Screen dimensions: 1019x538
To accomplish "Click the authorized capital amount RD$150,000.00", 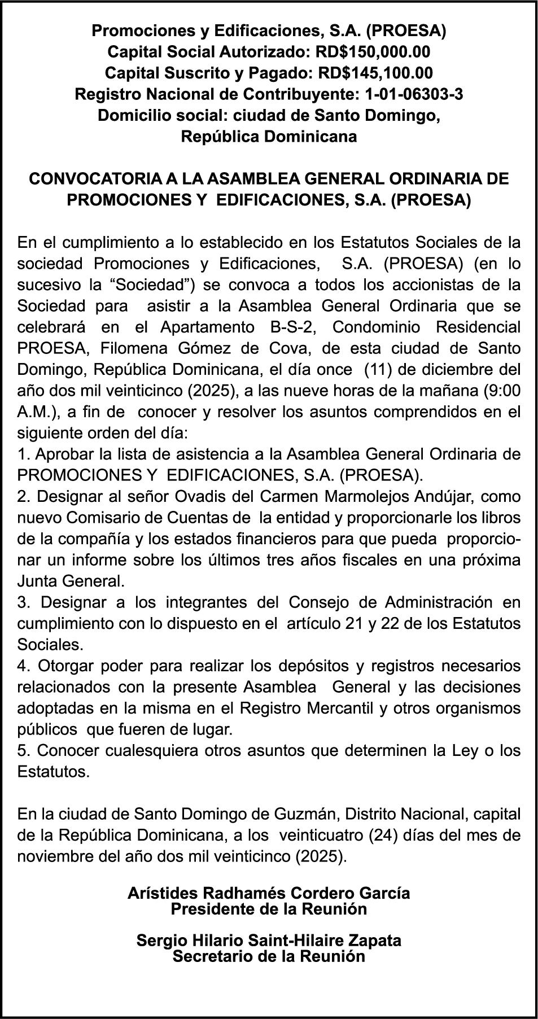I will tap(373, 52).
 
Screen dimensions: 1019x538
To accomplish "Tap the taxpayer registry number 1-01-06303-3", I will tap(414, 94).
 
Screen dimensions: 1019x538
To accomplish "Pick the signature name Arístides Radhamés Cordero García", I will tap(269, 893).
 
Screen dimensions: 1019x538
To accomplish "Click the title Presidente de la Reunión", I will tap(269, 909).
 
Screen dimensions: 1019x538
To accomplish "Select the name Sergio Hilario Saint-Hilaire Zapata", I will tap(269, 941).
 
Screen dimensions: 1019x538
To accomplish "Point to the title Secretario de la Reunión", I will tap(269, 956).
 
